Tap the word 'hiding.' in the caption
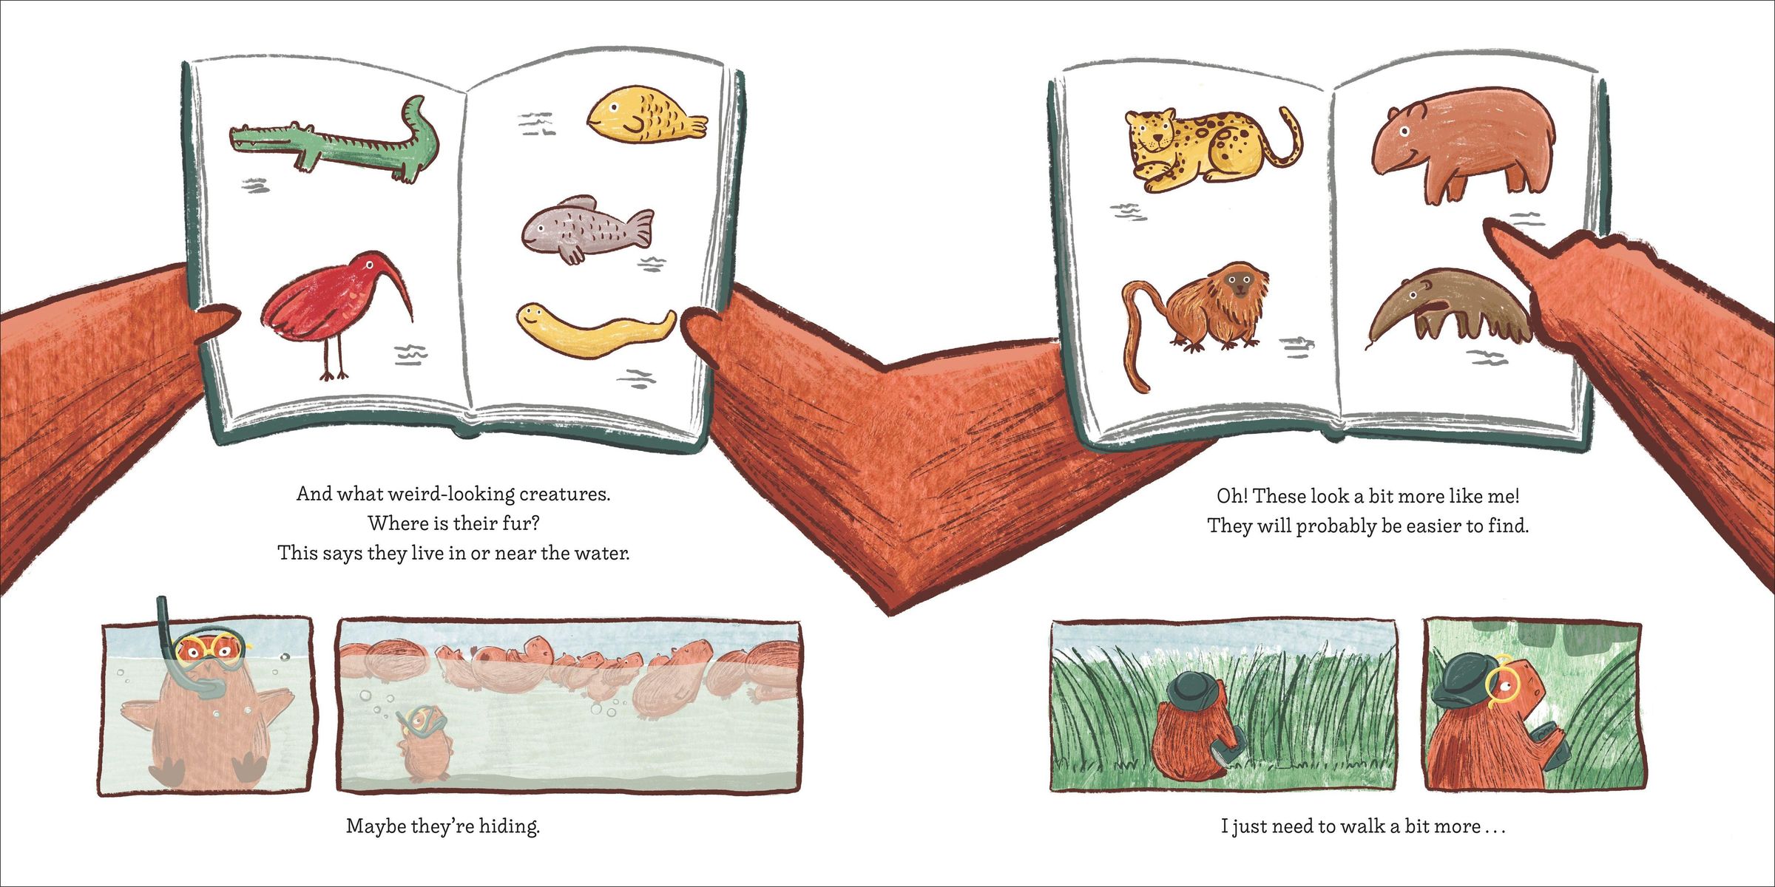pyautogui.click(x=510, y=826)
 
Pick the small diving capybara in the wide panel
pyautogui.click(x=422, y=743)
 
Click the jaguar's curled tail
pyautogui.click(x=1283, y=140)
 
